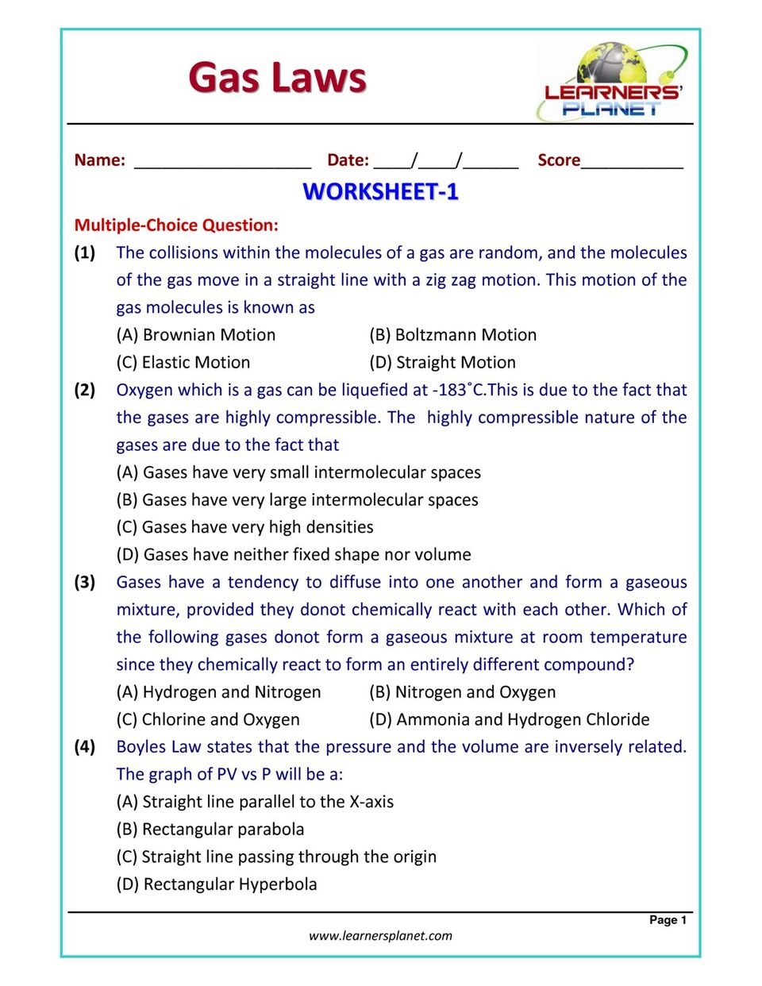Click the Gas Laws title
pos(277,78)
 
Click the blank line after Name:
pos(222,162)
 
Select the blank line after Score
pos(632,162)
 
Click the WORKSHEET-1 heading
pos(380,192)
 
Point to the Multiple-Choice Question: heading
pos(176,225)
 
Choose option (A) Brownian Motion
pos(196,335)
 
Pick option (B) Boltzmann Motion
pos(452,335)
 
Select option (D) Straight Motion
pos(442,363)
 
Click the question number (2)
pos(85,390)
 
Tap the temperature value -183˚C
pos(458,390)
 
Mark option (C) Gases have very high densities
pos(244,527)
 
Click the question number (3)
pos(85,582)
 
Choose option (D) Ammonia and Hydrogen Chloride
pos(509,720)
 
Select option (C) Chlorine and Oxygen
pos(208,720)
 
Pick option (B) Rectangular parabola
pos(210,830)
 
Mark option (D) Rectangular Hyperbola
pos(217,884)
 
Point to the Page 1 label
pos(668,920)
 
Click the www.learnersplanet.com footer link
pos(380,936)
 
